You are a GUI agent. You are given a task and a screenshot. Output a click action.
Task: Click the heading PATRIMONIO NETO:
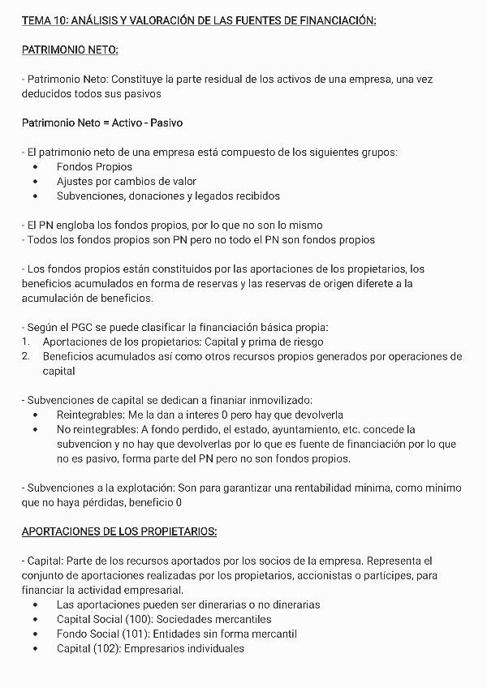point(70,50)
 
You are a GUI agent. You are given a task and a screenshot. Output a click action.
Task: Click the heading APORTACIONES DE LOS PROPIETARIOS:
point(119,531)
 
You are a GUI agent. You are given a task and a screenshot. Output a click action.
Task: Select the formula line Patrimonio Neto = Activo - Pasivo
point(102,123)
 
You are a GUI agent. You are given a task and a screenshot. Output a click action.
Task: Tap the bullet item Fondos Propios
point(94,166)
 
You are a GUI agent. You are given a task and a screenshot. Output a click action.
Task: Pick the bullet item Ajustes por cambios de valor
point(127,181)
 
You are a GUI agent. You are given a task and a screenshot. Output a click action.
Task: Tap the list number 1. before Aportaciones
point(25,342)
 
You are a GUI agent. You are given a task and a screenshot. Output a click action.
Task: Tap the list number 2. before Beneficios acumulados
point(25,356)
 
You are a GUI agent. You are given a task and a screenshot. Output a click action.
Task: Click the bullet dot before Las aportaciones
point(36,604)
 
